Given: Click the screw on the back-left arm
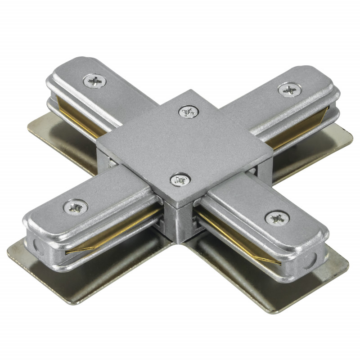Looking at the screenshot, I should pos(95,81).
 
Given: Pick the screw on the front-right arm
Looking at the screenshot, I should pos(277,218).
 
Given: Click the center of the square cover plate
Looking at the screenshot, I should pos(184,144).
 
